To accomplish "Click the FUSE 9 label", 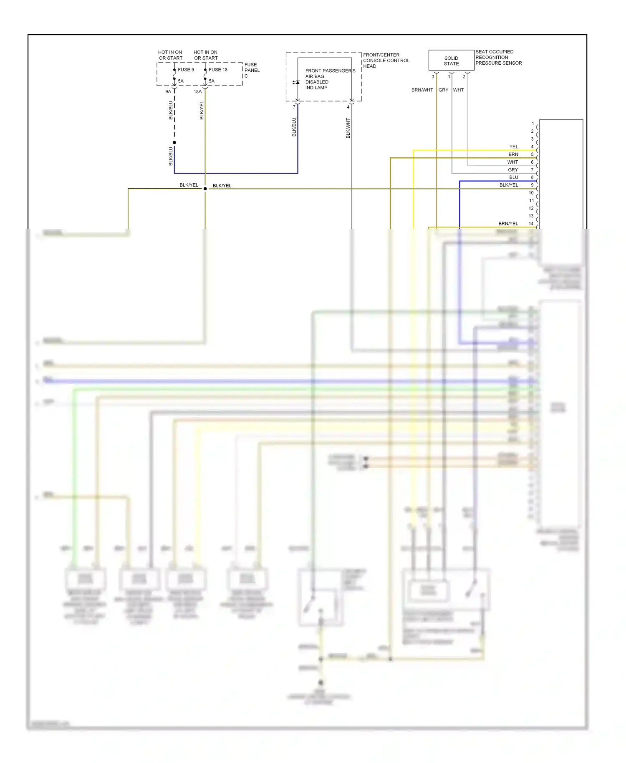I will click(186, 70).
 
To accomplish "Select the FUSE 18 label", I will click(218, 70).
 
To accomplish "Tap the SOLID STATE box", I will click(451, 61).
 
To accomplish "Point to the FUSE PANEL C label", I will click(252, 70).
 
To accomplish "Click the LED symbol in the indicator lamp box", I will click(296, 82).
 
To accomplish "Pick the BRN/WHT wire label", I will click(422, 90).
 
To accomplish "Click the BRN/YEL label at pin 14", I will click(508, 224).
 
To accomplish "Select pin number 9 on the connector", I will click(532, 185).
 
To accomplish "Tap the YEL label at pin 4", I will click(513, 147).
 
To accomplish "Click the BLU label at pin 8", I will click(513, 177).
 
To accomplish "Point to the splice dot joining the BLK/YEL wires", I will click(205, 189).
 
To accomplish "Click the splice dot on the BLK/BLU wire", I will click(174, 143).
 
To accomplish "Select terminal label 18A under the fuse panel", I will click(197, 91).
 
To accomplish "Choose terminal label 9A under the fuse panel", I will click(168, 91).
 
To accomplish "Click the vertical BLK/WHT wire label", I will click(348, 128).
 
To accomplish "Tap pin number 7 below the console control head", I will click(294, 107).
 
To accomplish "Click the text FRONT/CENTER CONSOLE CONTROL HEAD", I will click(386, 61).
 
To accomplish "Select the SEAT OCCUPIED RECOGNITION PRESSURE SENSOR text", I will click(498, 58).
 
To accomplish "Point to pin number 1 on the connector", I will click(533, 124).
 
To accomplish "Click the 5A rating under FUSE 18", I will click(212, 81).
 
